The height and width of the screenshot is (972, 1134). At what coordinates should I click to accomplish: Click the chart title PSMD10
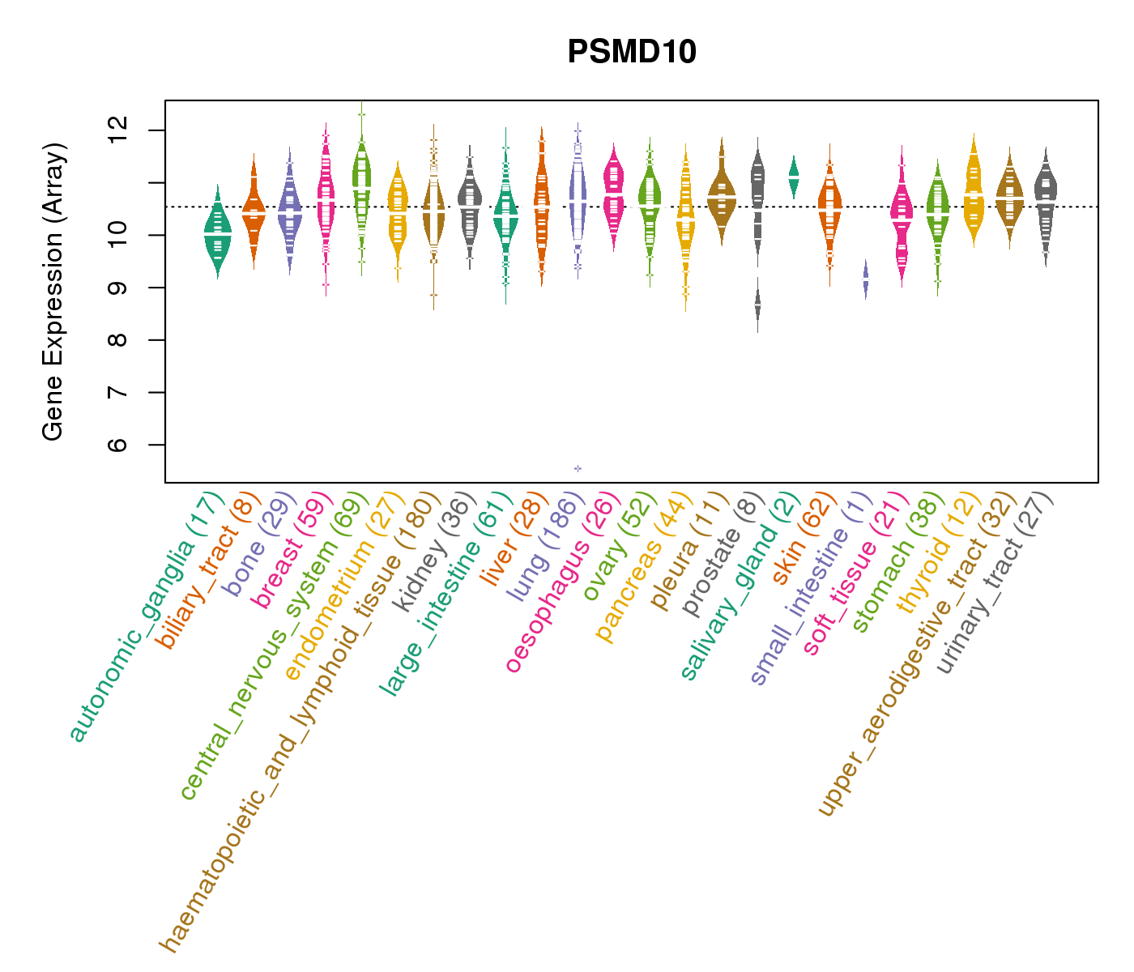tap(632, 52)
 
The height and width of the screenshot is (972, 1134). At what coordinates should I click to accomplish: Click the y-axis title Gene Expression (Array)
tap(53, 292)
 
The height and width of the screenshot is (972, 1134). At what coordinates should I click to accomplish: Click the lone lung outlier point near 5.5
tap(578, 468)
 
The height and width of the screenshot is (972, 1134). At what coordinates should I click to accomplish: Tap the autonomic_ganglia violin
tap(217, 233)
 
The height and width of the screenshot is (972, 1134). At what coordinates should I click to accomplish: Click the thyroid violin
tap(973, 194)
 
